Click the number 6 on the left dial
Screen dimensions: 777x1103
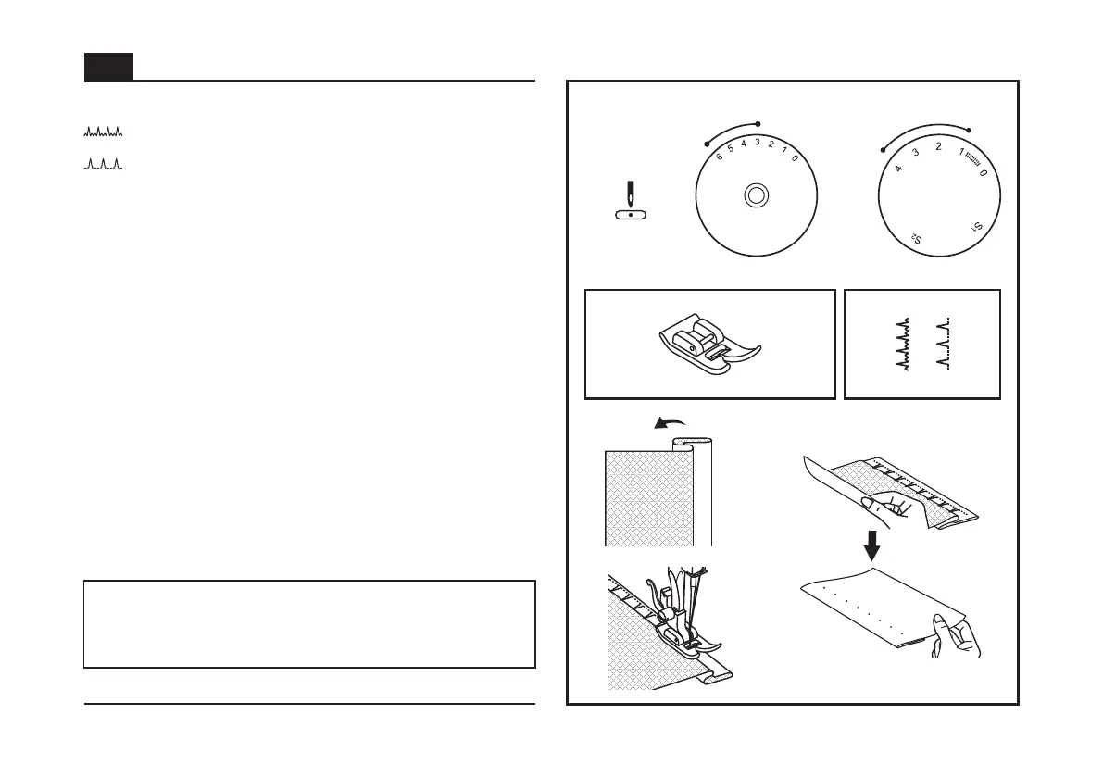720,157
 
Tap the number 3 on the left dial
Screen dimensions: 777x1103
757,142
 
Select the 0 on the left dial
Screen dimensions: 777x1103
796,158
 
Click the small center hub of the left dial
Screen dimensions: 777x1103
756,194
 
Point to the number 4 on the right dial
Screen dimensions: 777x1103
898,169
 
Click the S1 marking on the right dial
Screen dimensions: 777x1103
978,227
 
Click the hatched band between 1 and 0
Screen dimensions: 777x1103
972,159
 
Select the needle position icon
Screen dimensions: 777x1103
631,202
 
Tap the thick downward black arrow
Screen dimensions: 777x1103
871,545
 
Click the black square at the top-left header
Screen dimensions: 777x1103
108,67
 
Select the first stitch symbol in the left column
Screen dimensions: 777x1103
103,132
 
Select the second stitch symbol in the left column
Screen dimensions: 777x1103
103,166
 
